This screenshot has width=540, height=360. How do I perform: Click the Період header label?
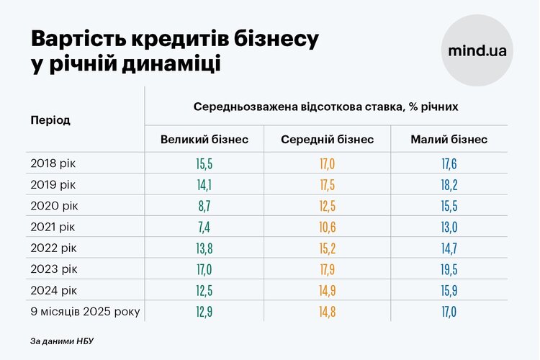click(x=50, y=120)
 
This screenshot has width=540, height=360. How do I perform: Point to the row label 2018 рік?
click(x=53, y=163)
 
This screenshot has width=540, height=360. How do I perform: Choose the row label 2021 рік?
click(x=53, y=226)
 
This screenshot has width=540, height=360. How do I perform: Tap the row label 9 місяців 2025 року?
click(x=85, y=311)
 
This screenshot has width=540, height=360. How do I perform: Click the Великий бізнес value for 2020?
click(x=204, y=205)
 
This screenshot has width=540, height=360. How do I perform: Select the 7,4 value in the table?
click(x=204, y=227)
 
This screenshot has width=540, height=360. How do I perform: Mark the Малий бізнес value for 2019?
click(x=449, y=184)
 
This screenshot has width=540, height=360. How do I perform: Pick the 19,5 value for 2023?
click(x=449, y=269)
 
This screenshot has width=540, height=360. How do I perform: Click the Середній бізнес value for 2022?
click(x=327, y=248)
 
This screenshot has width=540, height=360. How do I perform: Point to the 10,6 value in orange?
click(x=327, y=227)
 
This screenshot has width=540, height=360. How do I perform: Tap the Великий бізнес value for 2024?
click(x=204, y=290)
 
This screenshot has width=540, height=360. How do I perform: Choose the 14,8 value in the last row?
click(x=327, y=312)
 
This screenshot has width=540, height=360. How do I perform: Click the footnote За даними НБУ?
click(x=62, y=340)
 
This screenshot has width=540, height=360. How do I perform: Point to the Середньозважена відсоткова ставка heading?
click(x=326, y=107)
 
